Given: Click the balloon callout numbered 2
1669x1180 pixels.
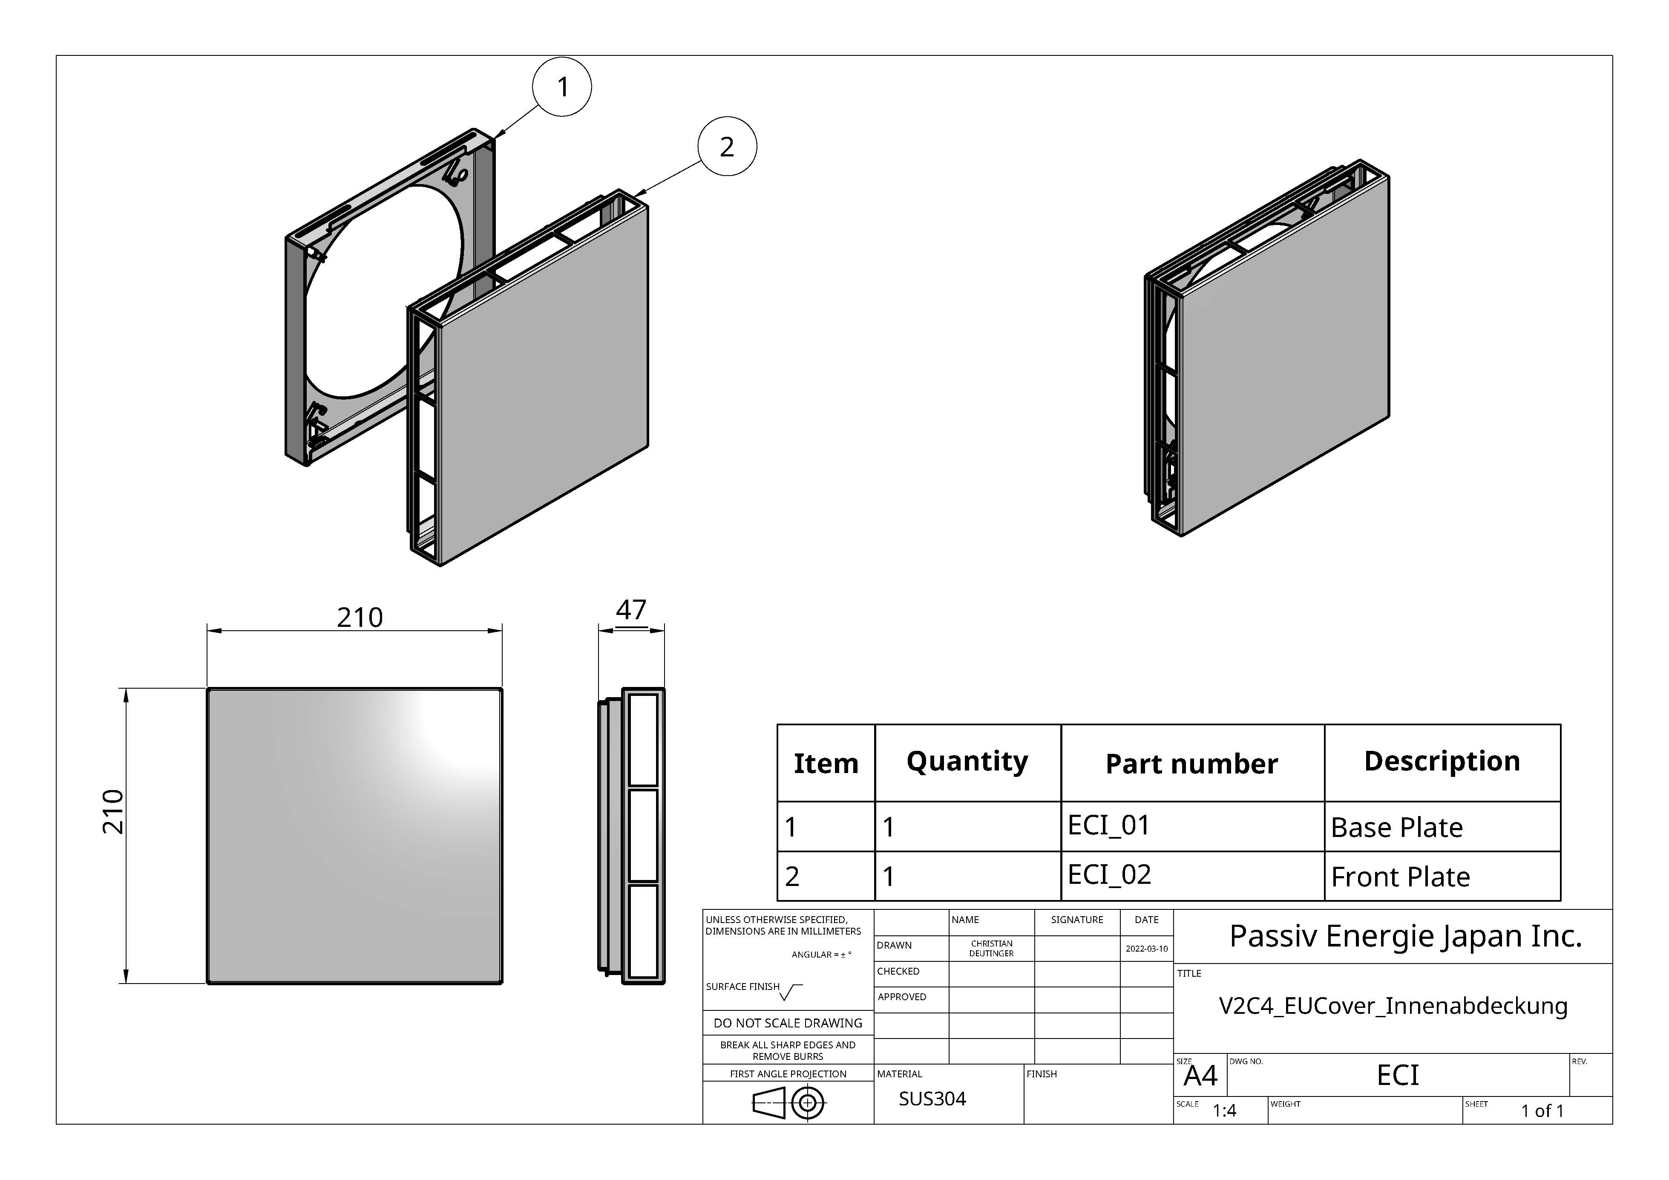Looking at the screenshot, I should coord(727,147).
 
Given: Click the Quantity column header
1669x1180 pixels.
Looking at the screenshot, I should coord(967,761).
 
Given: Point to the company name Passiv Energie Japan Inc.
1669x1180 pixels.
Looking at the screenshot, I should coord(1406,936).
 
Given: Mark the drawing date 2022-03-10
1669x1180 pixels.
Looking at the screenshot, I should coord(1146,949).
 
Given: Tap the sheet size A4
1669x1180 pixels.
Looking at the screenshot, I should coord(1200,1076).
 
